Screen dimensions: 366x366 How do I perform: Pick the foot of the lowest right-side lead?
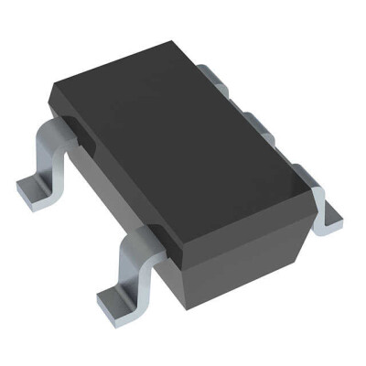(x=331, y=217)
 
